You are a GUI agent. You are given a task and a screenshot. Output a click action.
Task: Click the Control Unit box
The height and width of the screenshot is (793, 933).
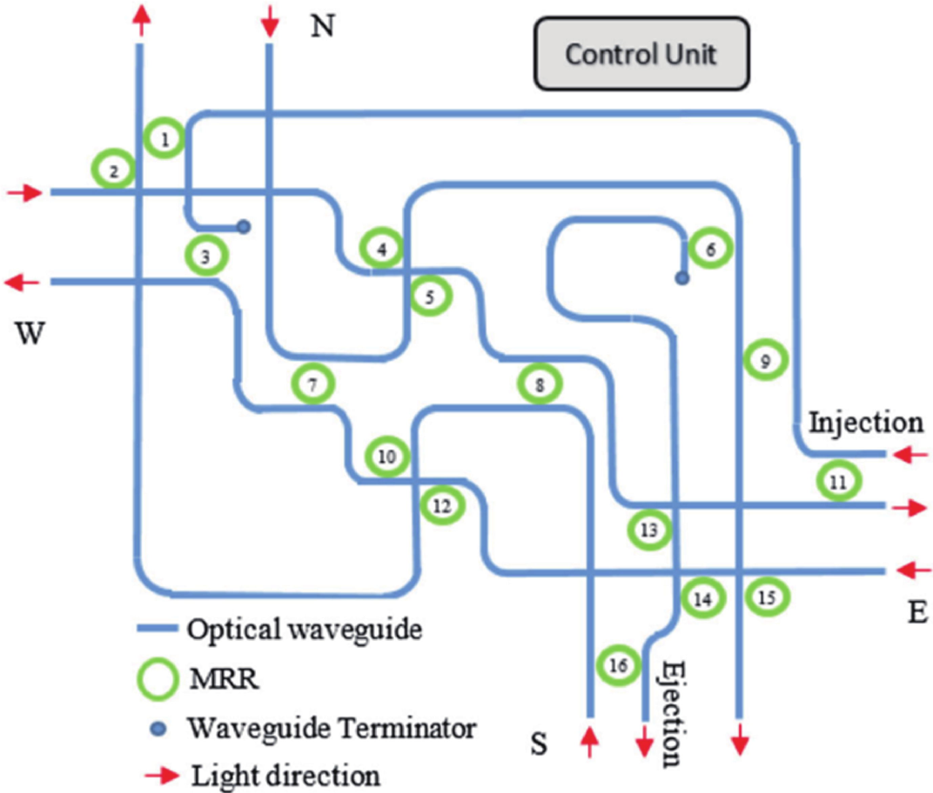[x=641, y=54]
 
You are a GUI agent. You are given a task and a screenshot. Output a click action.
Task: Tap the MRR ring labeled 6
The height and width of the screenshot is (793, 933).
[x=711, y=249]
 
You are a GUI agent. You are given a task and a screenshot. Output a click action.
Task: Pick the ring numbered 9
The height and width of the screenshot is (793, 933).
[x=765, y=360]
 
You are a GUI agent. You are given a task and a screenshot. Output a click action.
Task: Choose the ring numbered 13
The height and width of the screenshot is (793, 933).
[x=649, y=530]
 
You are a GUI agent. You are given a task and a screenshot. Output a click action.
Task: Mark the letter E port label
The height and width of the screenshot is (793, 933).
[x=918, y=612]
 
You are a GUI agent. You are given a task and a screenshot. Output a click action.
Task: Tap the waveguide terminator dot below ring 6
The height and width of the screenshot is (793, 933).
[x=682, y=279]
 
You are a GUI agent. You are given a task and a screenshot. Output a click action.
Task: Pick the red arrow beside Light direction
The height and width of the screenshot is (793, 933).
[x=161, y=775]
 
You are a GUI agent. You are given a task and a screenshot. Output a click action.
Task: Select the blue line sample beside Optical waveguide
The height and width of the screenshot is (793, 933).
[x=156, y=628]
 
